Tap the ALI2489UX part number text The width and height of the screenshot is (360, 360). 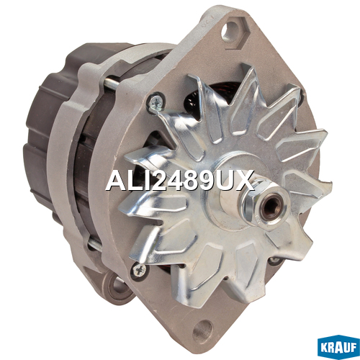(x=180, y=181)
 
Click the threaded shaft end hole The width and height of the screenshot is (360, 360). (x=271, y=207)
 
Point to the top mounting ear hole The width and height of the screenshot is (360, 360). (x=230, y=31)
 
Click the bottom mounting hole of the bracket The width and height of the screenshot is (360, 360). (x=203, y=330)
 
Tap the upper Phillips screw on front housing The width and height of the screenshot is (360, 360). (x=156, y=102)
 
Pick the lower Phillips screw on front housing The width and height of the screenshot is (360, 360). (x=140, y=271)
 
